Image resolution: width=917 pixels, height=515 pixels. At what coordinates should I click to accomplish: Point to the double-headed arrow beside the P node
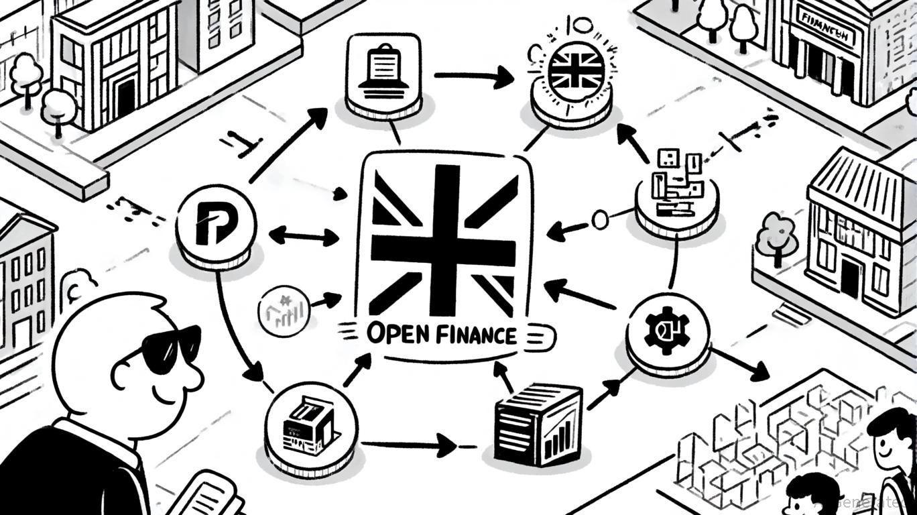pyautogui.click(x=304, y=236)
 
